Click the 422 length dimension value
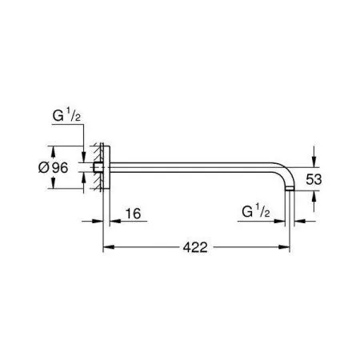click(195, 248)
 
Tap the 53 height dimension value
click(314, 179)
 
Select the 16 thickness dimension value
click(133, 214)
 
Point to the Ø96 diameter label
click(54, 168)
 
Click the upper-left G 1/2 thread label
click(66, 116)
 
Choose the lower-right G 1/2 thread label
click(256, 211)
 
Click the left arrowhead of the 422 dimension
click(109, 247)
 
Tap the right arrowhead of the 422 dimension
click(284, 247)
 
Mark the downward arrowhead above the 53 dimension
click(314, 162)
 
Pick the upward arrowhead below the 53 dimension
click(314, 196)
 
